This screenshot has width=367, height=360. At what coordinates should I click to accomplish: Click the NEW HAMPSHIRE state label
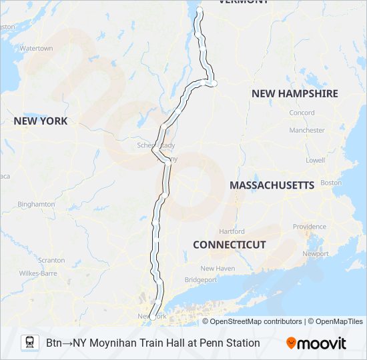[294, 94]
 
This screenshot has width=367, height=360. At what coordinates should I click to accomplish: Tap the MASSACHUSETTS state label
[272, 185]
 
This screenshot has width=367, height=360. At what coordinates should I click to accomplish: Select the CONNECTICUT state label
[230, 245]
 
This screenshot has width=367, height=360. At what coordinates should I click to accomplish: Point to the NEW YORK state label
[41, 121]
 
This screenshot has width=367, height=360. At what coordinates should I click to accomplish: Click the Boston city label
[331, 183]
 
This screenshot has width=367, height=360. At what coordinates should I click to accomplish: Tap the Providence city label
[309, 227]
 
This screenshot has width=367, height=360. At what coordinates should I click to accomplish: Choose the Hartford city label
[232, 231]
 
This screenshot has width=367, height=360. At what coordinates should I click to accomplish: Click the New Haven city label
[218, 268]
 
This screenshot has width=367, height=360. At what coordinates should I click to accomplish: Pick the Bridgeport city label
[201, 280]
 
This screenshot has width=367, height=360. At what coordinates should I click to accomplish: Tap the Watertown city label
[36, 49]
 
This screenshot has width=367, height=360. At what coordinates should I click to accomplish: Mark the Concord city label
[302, 113]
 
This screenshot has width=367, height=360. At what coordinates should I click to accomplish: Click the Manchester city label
[308, 131]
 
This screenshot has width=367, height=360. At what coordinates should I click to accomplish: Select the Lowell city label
[316, 161]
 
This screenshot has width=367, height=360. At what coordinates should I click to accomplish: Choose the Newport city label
[316, 254]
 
